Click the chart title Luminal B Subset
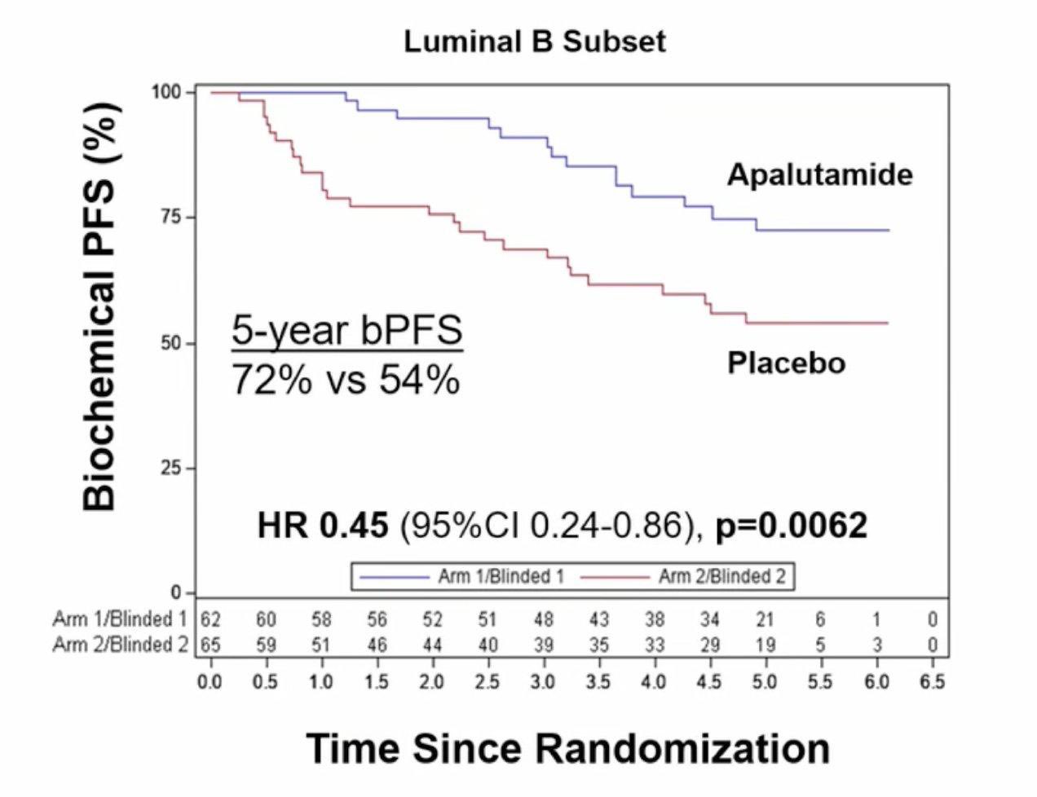tap(535, 42)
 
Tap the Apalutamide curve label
tap(819, 174)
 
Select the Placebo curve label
tap(786, 363)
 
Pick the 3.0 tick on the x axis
tap(543, 680)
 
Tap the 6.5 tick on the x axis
tap(932, 680)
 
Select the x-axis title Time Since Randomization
tap(568, 748)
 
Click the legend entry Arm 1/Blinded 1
tap(501, 577)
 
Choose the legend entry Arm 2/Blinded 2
tap(721, 577)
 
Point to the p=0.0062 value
tap(791, 526)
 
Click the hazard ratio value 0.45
tap(353, 526)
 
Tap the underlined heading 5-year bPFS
tap(346, 332)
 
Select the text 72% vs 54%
tap(346, 379)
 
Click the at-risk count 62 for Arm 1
tap(210, 620)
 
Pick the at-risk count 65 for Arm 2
tap(210, 645)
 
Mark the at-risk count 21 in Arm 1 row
tap(765, 620)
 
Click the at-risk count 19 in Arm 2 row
tap(765, 645)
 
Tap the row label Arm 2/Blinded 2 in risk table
tap(121, 645)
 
